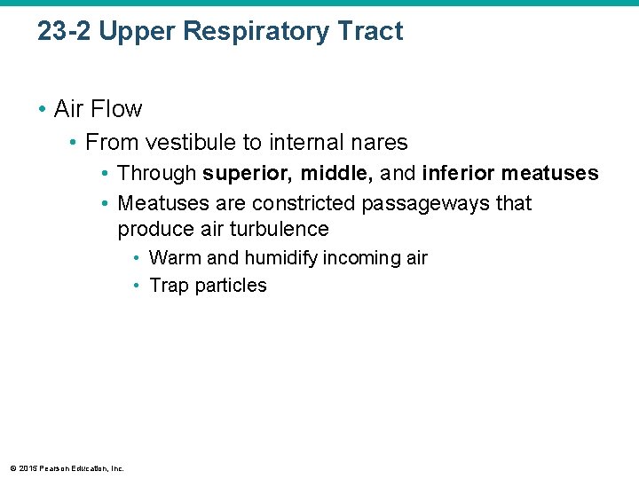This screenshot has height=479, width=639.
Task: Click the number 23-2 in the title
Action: pyautogui.click(x=64, y=32)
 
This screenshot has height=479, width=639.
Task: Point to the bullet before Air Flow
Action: pyautogui.click(x=42, y=109)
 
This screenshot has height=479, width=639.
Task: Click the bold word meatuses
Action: pyautogui.click(x=550, y=173)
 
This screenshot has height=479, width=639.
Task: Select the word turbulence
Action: pyautogui.click(x=279, y=229)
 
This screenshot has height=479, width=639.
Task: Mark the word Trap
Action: pyautogui.click(x=170, y=286)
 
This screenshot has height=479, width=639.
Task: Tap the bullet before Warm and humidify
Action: pyautogui.click(x=138, y=258)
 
